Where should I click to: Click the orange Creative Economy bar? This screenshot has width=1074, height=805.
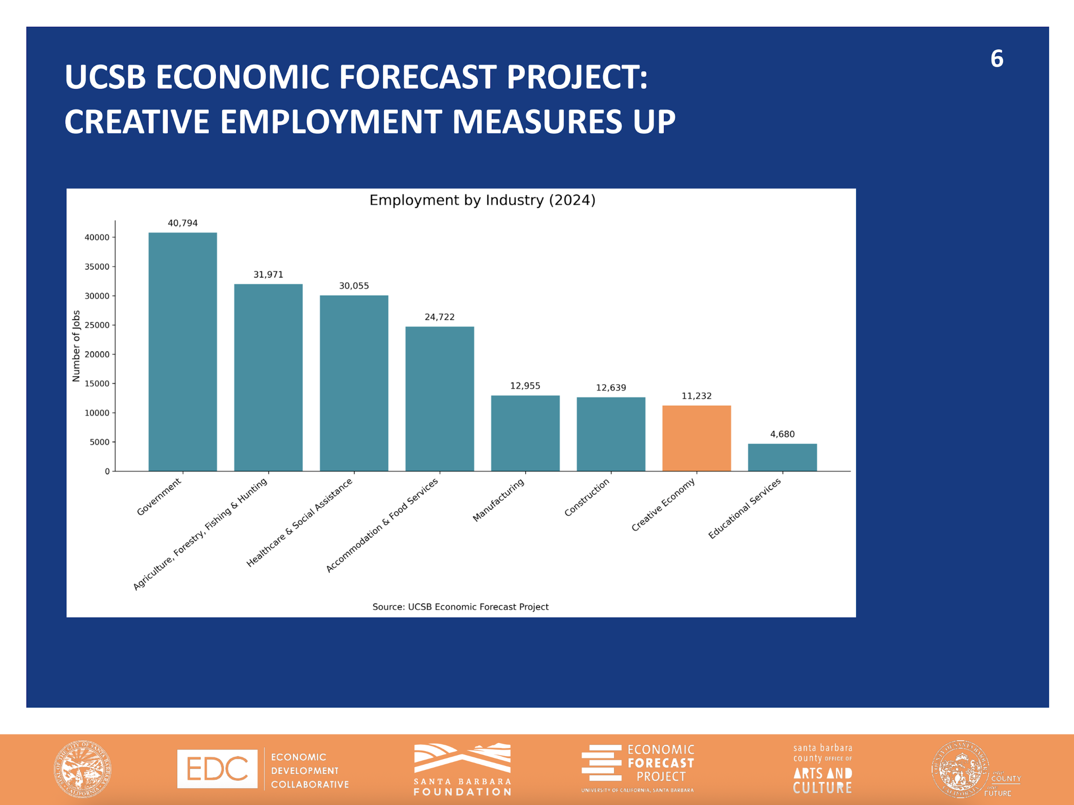[696, 438]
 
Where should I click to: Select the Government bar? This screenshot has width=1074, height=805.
[183, 352]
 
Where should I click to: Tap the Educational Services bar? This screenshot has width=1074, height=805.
[782, 457]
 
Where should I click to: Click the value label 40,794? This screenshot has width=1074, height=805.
[183, 223]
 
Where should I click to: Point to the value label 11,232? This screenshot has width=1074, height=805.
[696, 396]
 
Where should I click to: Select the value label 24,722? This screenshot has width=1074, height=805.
[439, 317]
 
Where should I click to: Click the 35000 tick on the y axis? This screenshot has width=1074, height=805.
[97, 267]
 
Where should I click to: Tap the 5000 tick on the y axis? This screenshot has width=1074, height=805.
[100, 442]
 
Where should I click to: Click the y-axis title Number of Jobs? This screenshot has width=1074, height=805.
[76, 346]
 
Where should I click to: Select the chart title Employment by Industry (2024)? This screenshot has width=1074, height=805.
[482, 200]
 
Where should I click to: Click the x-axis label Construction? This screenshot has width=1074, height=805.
[586, 497]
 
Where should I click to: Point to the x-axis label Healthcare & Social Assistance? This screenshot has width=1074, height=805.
[299, 522]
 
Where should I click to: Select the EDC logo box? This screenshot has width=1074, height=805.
[217, 769]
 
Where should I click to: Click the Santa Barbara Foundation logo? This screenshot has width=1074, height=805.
[462, 769]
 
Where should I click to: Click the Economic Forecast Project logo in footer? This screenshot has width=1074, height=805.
[637, 769]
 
